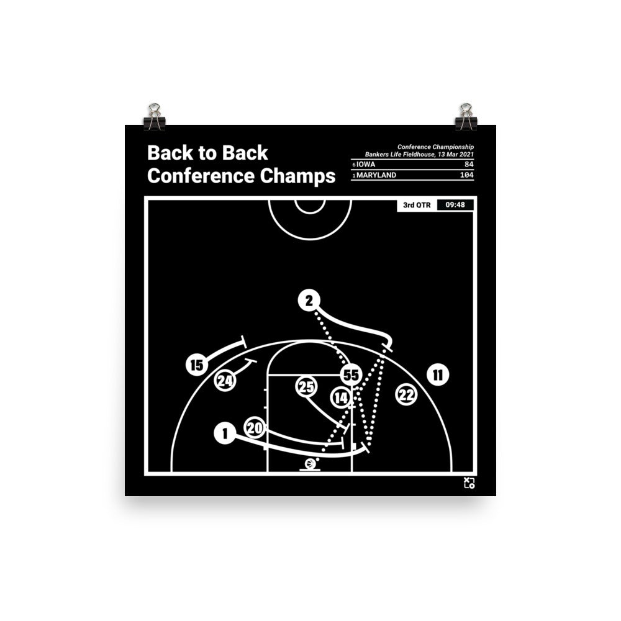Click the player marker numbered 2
click(309, 301)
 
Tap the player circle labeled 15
click(196, 365)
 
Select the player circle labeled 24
click(225, 381)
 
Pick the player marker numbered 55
click(351, 374)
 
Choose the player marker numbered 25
click(306, 388)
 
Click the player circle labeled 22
click(406, 394)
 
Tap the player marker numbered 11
click(438, 374)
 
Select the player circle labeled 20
click(255, 427)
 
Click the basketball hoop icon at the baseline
click(310, 465)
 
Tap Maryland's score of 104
click(466, 176)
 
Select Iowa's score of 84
click(468, 165)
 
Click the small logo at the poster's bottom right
click(469, 483)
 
